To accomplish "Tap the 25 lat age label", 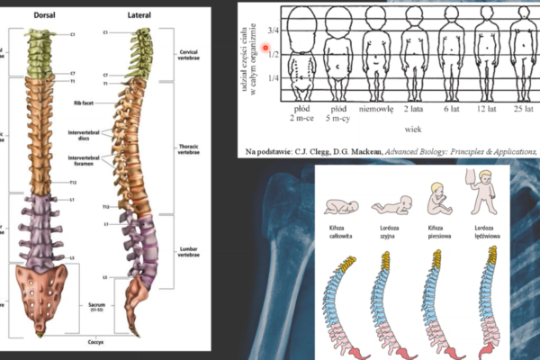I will point(525,109).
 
